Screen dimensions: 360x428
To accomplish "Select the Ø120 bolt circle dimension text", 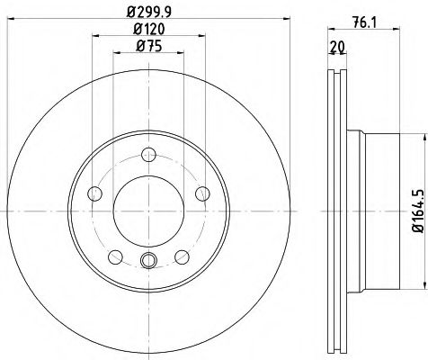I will pyautogui.click(x=149, y=30).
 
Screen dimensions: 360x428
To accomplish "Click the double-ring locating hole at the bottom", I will pyautogui.click(x=149, y=261).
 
